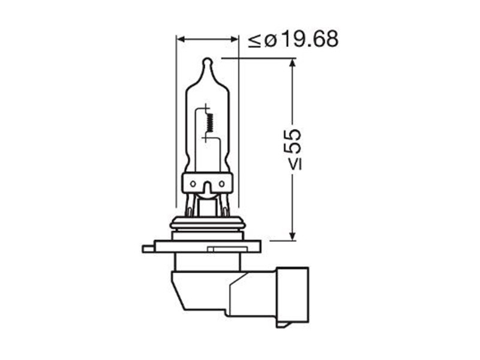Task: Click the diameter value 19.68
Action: pyautogui.click(x=310, y=39)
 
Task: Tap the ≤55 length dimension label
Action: pyautogui.click(x=293, y=149)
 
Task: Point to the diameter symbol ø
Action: pyautogui.click(x=271, y=41)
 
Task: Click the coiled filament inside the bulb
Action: pyautogui.click(x=210, y=122)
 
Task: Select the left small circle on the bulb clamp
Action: pyautogui.click(x=193, y=184)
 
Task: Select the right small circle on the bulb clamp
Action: pyautogui.click(x=222, y=184)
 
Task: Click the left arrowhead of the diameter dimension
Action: pyautogui.click(x=181, y=39)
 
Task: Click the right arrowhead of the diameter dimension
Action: pyautogui.click(x=233, y=39)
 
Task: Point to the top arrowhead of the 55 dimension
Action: pyautogui.click(x=293, y=62)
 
